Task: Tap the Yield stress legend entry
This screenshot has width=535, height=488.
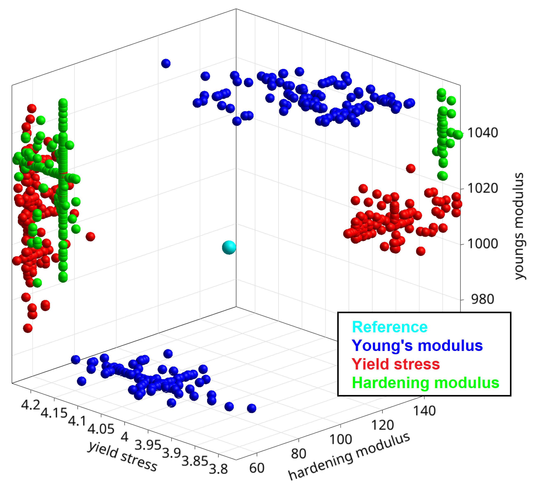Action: coord(396,364)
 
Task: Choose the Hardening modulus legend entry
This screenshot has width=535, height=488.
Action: coord(425,383)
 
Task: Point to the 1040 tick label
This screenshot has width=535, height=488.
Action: coord(482,133)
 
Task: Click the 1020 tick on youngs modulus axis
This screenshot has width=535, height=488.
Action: coord(482,188)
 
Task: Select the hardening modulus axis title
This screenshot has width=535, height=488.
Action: coord(349,457)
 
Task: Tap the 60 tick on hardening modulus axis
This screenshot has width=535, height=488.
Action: coord(257,468)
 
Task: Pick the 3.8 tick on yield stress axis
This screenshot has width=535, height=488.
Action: coord(218,469)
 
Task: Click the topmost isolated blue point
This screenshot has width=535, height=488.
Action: coord(166,63)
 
